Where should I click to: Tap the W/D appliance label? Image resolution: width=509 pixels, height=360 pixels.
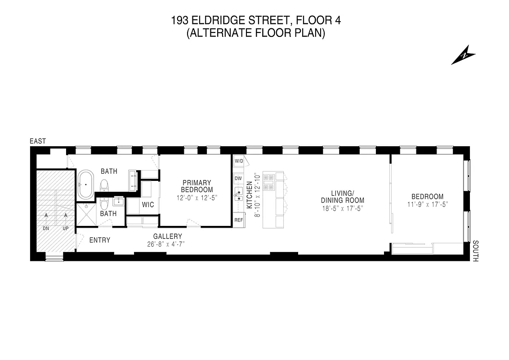(x=238, y=161)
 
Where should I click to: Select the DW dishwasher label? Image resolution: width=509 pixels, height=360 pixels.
(x=238, y=178)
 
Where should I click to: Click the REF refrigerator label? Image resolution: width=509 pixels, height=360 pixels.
(x=238, y=220)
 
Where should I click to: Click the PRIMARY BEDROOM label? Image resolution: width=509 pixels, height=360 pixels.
(x=196, y=186)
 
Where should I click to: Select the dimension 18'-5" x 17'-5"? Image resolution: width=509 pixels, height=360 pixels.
(x=342, y=208)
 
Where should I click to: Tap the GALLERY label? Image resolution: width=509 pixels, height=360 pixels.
(x=168, y=236)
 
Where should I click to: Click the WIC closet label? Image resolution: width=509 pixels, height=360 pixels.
(x=148, y=205)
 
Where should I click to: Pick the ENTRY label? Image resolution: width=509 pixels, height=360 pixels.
(x=100, y=240)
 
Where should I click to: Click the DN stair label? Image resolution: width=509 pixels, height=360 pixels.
(x=46, y=229)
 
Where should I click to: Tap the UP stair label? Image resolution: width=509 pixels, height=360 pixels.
(x=66, y=229)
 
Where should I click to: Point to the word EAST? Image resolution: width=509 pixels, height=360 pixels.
(x=38, y=141)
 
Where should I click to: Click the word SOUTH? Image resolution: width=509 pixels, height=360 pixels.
(x=476, y=251)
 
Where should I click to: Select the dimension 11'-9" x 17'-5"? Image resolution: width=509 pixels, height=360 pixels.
(x=427, y=204)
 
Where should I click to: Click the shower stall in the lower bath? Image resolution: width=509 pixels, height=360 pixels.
(x=86, y=216)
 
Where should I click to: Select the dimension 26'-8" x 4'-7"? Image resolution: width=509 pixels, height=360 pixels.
(x=166, y=244)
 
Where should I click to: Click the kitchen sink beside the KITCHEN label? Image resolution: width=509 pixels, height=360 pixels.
(x=238, y=195)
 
